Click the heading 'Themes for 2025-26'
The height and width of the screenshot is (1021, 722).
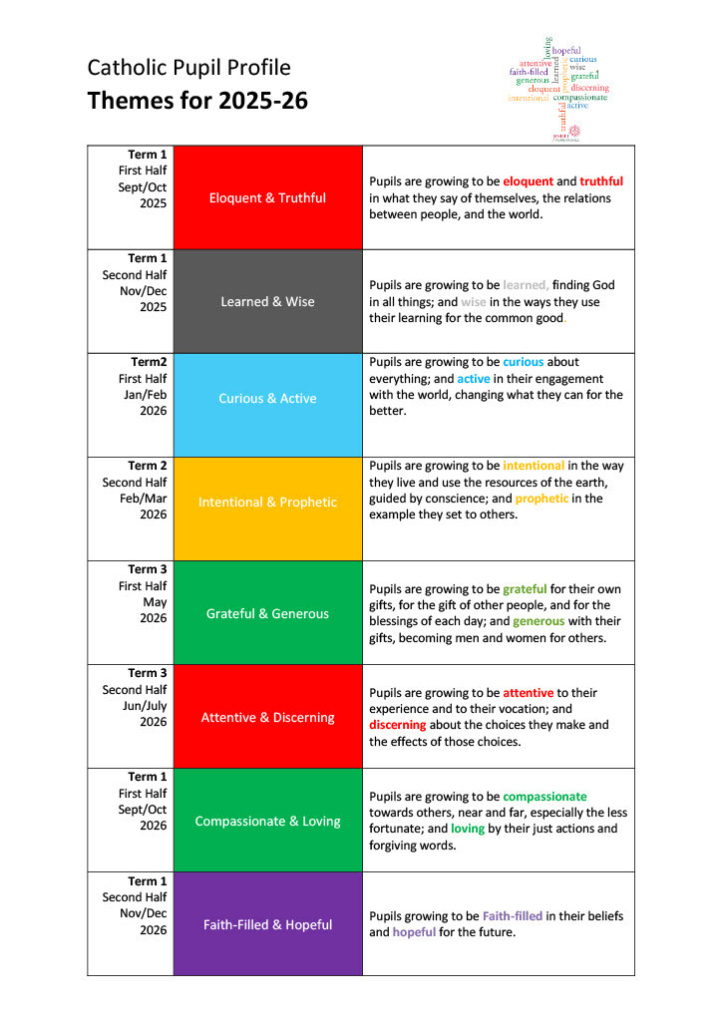[197, 101]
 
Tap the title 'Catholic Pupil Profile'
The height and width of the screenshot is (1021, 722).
[188, 67]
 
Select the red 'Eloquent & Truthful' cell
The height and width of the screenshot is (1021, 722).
[267, 197]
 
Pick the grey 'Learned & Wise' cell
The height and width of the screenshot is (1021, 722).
[267, 301]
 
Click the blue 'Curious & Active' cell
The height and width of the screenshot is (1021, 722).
[267, 398]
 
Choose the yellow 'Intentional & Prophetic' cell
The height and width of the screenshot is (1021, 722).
[267, 502]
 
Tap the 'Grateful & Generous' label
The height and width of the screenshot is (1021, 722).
[267, 613]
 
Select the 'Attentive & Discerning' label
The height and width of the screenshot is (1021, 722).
[267, 717]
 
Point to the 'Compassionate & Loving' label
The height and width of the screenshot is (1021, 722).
[267, 821]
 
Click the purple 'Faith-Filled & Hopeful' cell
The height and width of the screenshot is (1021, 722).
[267, 924]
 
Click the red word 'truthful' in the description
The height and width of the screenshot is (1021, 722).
[601, 181]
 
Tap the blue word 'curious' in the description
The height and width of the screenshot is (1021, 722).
[523, 362]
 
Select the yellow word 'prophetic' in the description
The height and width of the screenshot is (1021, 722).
[542, 498]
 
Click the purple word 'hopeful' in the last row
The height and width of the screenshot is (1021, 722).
[414, 932]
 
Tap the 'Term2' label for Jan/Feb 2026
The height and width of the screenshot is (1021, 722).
[147, 362]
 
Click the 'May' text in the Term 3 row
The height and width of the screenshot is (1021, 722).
[155, 602]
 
